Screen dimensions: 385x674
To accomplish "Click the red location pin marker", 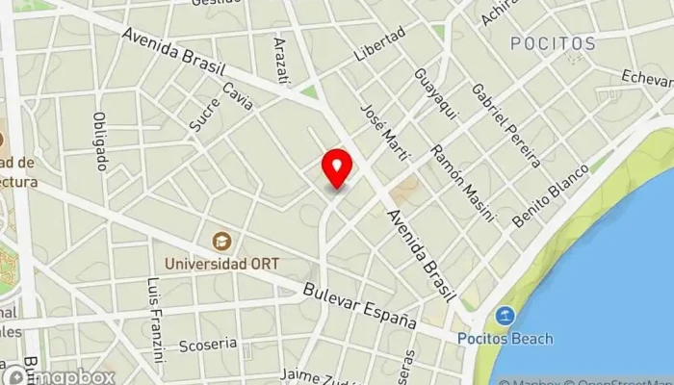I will (x=337, y=168).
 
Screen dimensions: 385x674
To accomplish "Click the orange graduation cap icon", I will (x=220, y=240).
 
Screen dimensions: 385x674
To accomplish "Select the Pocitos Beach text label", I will (x=505, y=338).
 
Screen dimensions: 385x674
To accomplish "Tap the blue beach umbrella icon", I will (x=505, y=316).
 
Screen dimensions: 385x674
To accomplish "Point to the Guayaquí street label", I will (x=426, y=88).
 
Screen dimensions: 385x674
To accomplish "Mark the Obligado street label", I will (x=100, y=141).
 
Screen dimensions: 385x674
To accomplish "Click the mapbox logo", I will (x=60, y=376).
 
